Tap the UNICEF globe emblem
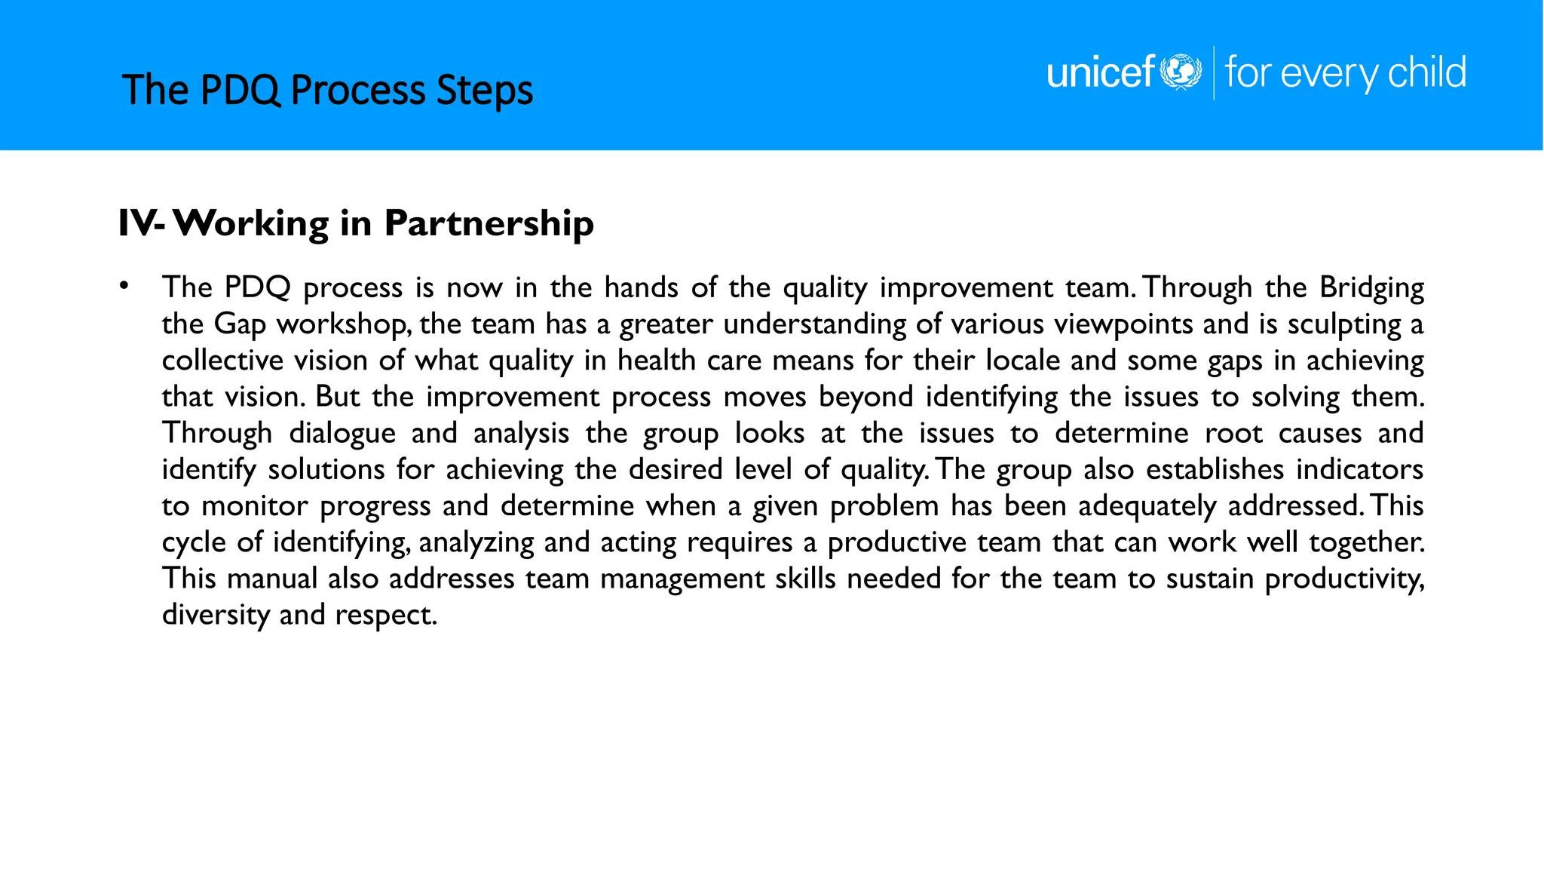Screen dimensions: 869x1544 pos(1181,72)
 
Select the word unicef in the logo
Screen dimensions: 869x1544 pos(1101,72)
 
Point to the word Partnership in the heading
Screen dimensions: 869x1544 pos(489,223)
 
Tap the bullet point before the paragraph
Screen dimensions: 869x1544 pos(124,286)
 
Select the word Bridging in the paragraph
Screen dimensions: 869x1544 pos(1371,288)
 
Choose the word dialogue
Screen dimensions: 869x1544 pos(342,434)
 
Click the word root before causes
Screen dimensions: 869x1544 pos(1233,434)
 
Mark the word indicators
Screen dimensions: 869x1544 pos(1359,469)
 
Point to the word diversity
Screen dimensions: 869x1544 pos(216,616)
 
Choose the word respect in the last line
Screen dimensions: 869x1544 pos(385,616)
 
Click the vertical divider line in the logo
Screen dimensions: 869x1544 pos(1214,72)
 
